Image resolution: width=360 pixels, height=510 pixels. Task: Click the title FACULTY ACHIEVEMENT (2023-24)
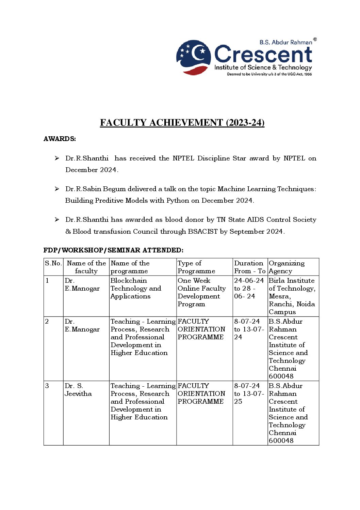pos(182,123)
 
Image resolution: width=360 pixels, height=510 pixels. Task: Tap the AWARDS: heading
pos(60,139)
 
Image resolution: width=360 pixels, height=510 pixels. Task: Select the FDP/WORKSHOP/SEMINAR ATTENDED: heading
pos(113,250)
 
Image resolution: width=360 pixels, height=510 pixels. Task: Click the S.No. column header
pos(53,263)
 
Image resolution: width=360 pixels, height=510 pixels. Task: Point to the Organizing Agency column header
pos(287,267)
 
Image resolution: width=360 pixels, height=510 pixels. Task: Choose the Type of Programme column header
pos(196,267)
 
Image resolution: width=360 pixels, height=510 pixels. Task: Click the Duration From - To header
pos(249,267)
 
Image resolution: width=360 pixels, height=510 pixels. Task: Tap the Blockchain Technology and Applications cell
pos(135,288)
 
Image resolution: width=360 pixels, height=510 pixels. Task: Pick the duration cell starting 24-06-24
pos(249,288)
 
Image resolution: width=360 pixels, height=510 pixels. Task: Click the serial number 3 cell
pos(47,386)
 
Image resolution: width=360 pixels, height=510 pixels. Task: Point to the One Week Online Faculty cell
pos(201,292)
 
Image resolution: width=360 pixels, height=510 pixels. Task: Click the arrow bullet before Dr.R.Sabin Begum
pos(57,189)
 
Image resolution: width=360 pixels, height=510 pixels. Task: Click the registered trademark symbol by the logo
pos(315,40)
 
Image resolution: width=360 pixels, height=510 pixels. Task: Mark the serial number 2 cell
pos(47,321)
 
